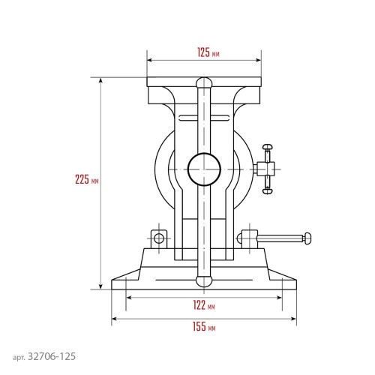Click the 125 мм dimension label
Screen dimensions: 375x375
[x=208, y=52]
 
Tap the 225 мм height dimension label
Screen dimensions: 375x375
[x=87, y=179]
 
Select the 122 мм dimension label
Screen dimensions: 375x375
[x=204, y=305]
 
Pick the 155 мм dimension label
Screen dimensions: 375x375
[x=204, y=326]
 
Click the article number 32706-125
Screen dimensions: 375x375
[x=52, y=356]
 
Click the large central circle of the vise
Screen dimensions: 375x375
[x=204, y=169]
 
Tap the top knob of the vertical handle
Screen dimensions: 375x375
[x=204, y=82]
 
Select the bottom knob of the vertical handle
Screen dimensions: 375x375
[x=204, y=281]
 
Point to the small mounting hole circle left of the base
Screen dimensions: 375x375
[x=159, y=238]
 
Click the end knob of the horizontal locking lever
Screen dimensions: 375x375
[x=307, y=238]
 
